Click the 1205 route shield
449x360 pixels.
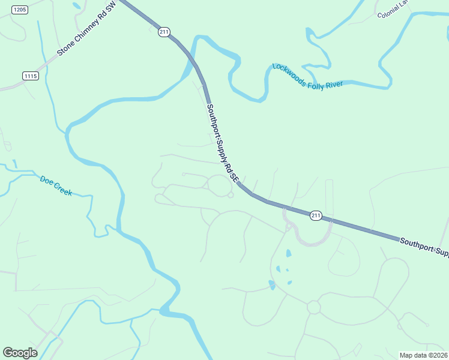pos(20,10)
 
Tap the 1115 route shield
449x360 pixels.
pos(31,76)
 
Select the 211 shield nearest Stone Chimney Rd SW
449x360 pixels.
pos(163,32)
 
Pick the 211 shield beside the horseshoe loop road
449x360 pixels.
pos(316,215)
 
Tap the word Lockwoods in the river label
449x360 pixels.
pos(289,74)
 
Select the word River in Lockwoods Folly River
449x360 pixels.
pos(334,84)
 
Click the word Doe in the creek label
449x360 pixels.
pos(47,180)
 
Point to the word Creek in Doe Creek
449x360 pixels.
pos(62,189)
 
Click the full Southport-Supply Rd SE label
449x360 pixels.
pos(223,143)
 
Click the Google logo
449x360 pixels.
pos(20,353)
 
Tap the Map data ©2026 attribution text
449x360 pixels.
pos(423,355)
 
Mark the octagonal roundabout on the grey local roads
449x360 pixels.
pos(313,307)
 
